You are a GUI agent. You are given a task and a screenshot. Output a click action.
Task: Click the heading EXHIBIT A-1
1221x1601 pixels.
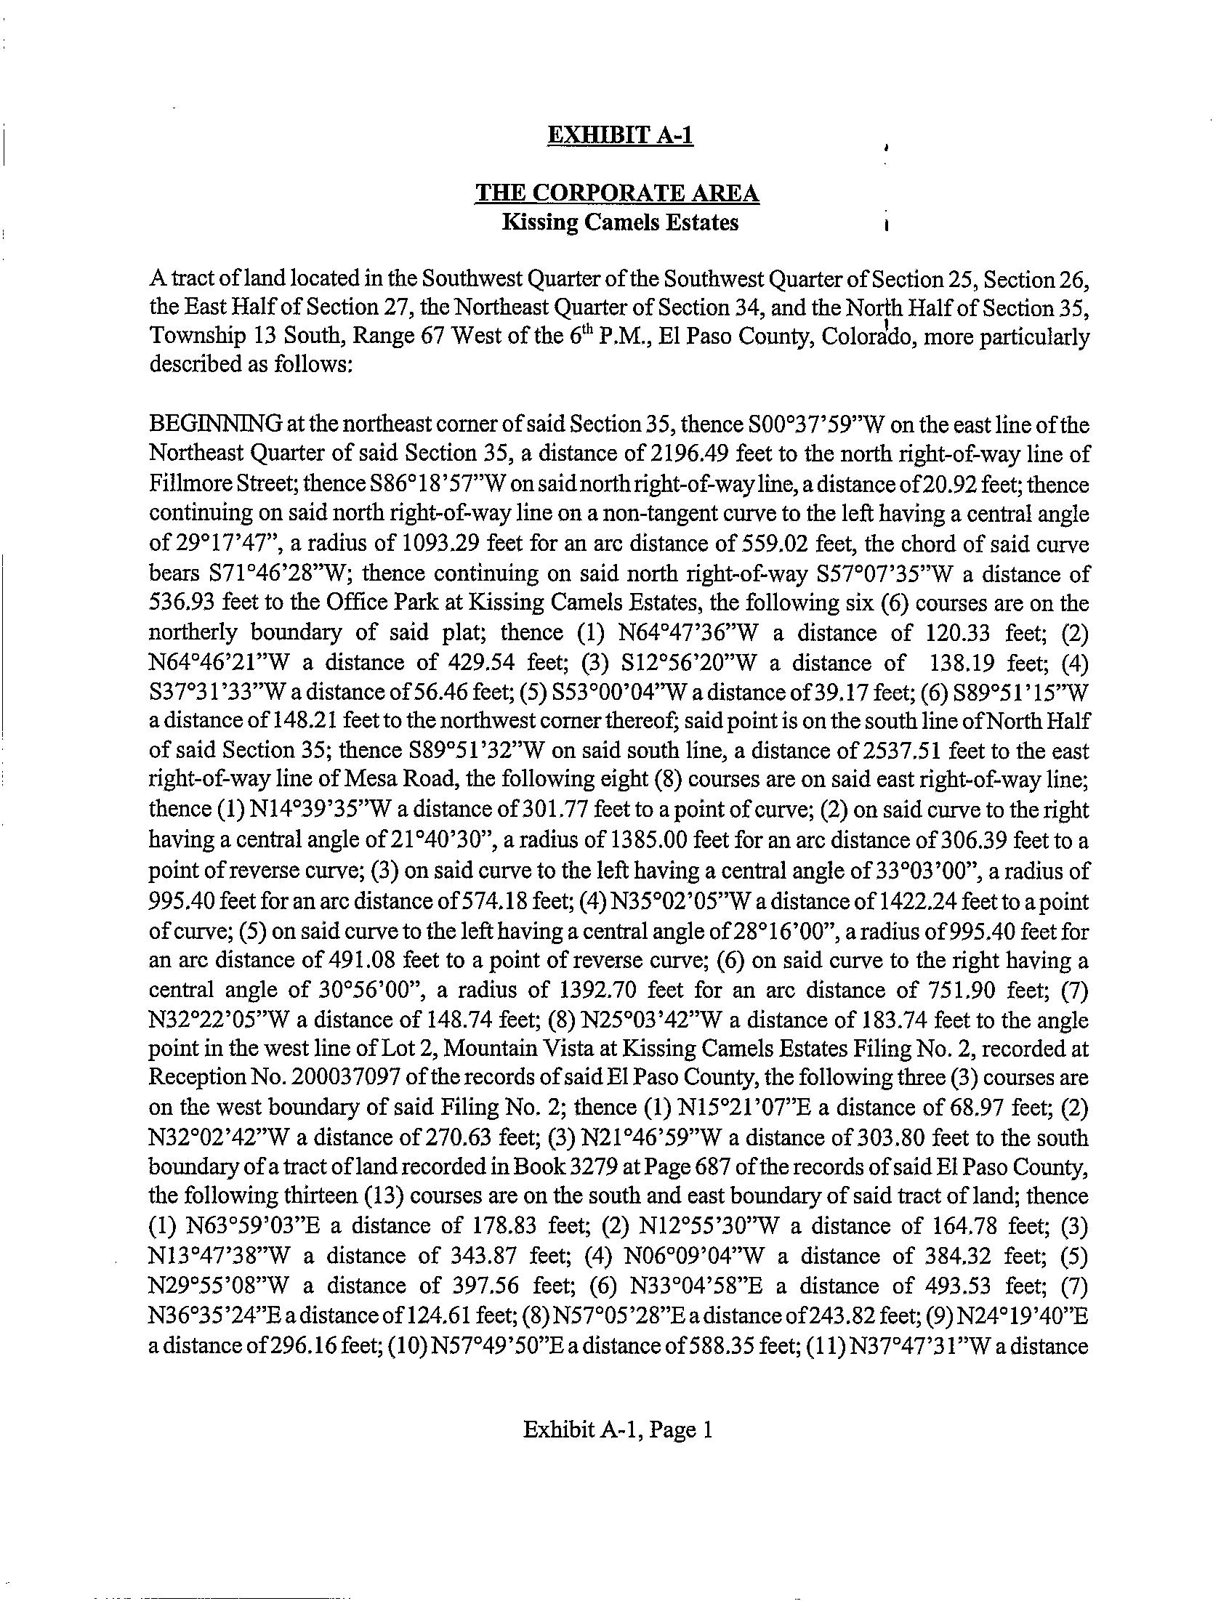[620, 136]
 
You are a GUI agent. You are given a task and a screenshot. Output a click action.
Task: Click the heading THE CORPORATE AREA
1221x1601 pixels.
[617, 193]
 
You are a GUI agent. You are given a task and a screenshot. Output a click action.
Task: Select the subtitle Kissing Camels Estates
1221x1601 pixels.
[620, 222]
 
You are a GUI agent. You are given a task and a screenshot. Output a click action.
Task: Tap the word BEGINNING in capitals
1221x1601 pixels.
[216, 424]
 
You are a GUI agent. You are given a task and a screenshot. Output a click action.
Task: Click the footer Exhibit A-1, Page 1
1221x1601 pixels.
[617, 1430]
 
